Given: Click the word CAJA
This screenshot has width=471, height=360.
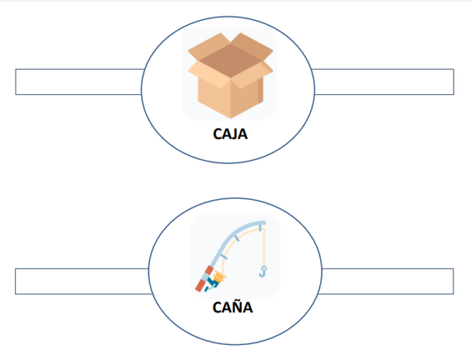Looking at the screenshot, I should coord(230,133).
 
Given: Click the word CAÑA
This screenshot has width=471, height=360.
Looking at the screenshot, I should coord(233,307).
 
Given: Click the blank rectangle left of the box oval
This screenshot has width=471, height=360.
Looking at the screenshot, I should coord(78,82).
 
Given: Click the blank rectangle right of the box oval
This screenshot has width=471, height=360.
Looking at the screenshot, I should coord(384,82).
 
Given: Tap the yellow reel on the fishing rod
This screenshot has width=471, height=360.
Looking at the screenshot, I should coord(221,275).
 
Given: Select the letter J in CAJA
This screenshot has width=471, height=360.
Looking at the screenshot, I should coord(235,134).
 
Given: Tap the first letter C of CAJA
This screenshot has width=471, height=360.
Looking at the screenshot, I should coord(217,133).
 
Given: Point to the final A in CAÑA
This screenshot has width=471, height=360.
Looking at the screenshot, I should coord(248,307).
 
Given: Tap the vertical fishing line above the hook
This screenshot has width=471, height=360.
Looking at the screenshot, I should coord(262,247).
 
